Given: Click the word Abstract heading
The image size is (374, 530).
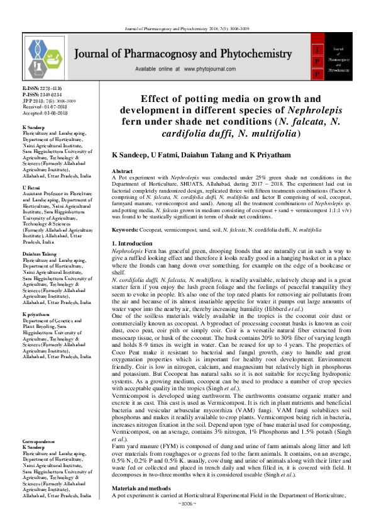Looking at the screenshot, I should coord(122,171).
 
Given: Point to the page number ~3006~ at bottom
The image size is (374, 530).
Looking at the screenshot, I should coord(187,522).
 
